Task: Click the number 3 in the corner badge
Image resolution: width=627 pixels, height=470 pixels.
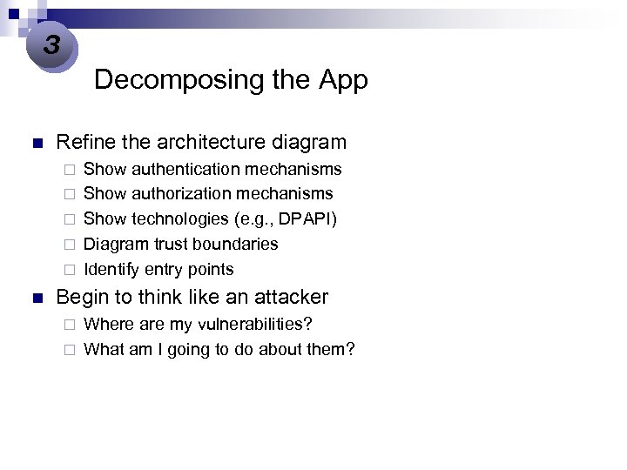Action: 51,44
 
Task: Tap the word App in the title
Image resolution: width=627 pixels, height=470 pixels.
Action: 343,80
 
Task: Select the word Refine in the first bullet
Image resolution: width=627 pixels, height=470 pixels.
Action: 84,142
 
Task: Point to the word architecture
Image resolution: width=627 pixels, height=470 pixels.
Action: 199,142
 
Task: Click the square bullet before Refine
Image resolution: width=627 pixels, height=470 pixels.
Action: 36,143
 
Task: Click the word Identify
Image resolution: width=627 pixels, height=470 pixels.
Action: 111,269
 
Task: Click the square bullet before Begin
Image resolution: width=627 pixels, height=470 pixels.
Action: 36,298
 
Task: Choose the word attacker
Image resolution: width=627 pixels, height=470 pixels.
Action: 290,297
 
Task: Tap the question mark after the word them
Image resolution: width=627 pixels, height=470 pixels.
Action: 350,349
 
